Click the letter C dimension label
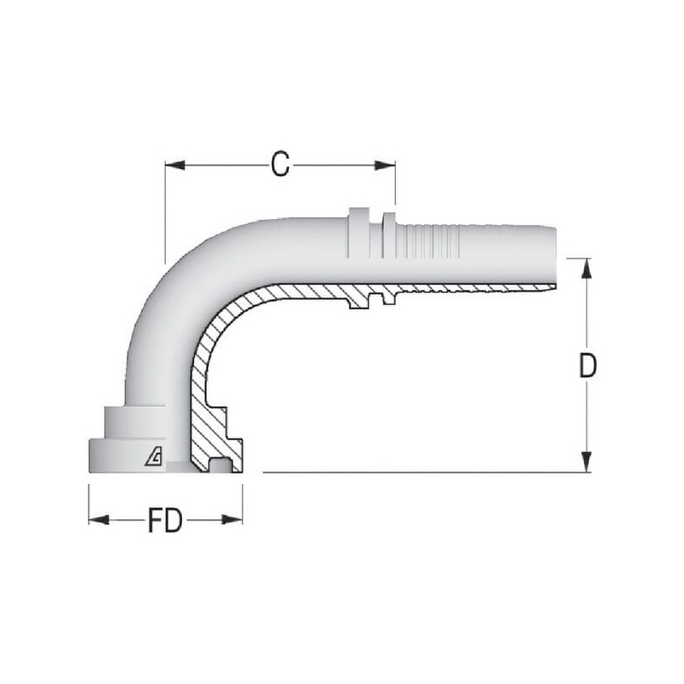coord(280,164)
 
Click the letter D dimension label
coord(587,365)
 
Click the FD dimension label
coord(165,520)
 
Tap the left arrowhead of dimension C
coord(175,165)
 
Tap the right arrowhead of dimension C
coord(386,165)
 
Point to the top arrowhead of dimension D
coord(587,268)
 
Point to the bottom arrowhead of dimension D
coord(587,462)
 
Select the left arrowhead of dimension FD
coord(98,520)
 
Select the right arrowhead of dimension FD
coord(232,520)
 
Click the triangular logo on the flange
coord(154,457)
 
